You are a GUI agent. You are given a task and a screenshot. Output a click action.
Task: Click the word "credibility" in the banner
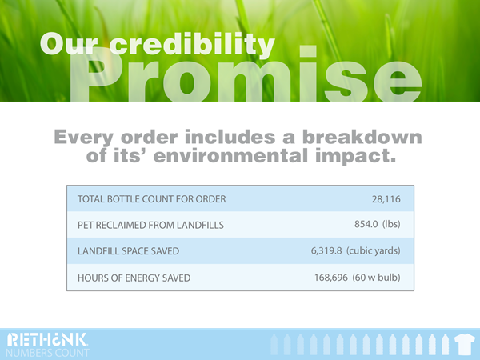click(192, 45)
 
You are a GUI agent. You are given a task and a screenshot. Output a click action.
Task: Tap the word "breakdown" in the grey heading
click(362, 137)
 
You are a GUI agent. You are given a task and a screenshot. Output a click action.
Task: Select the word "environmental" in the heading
click(230, 155)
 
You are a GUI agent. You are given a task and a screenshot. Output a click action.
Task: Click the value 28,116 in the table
click(386, 199)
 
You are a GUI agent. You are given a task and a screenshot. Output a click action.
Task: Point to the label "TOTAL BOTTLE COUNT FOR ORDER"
click(151, 199)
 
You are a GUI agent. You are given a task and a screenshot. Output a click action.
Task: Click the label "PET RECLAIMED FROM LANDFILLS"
click(150, 225)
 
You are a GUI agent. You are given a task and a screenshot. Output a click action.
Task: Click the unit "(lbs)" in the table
click(391, 224)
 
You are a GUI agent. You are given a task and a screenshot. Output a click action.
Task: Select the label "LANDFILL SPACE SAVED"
click(128, 251)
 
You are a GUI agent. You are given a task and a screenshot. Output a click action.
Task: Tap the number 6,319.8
click(326, 250)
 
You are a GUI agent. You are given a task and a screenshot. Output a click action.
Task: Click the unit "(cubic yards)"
click(374, 250)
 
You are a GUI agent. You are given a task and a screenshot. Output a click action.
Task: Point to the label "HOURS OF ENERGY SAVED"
click(134, 278)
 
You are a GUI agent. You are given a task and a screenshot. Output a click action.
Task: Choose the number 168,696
click(331, 278)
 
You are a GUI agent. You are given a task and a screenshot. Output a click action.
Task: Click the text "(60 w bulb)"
click(376, 278)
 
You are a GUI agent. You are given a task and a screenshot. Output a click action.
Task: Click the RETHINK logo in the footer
click(47, 340)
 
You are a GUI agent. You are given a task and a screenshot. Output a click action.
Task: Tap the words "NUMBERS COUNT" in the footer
click(47, 353)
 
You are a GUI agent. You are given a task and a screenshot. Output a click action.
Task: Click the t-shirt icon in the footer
click(465, 345)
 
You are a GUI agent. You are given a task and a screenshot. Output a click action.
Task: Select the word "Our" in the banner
click(69, 43)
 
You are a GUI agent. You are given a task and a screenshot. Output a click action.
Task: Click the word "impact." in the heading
click(356, 156)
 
